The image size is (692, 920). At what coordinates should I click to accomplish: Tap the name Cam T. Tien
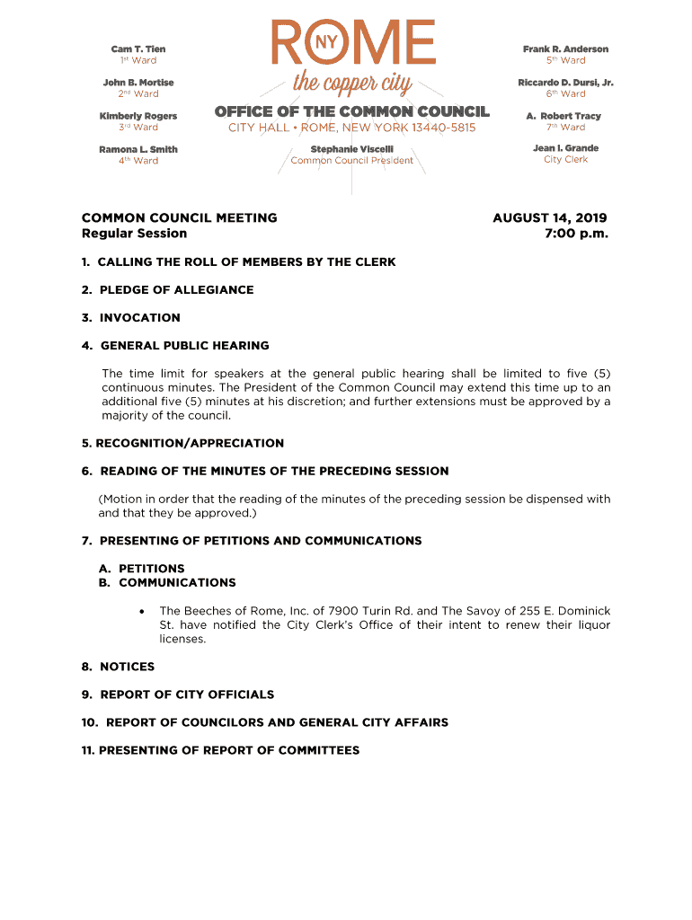[x=138, y=49]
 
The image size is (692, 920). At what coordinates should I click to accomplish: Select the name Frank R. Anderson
[x=565, y=49]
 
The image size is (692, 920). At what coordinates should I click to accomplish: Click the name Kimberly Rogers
[x=138, y=116]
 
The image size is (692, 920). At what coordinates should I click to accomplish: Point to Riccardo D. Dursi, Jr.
[x=565, y=83]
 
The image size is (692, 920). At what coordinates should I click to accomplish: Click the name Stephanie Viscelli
[x=351, y=149]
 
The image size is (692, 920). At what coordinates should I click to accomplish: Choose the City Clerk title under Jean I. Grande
[x=565, y=160]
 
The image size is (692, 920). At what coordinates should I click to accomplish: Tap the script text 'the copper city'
[x=352, y=85]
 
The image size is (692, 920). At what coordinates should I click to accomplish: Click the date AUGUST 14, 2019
[x=550, y=218]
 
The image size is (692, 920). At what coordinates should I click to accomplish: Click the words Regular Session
[x=134, y=234]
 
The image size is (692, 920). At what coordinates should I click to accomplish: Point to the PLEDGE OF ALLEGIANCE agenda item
[x=176, y=290]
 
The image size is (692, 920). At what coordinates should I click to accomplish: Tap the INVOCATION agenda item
[x=139, y=318]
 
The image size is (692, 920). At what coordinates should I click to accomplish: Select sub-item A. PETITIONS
[x=142, y=569]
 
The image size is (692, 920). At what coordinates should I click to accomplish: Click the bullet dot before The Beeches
[x=142, y=611]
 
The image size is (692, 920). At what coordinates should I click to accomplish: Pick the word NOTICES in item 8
[x=127, y=667]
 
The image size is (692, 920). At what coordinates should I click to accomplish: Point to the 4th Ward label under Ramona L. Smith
[x=138, y=161]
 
